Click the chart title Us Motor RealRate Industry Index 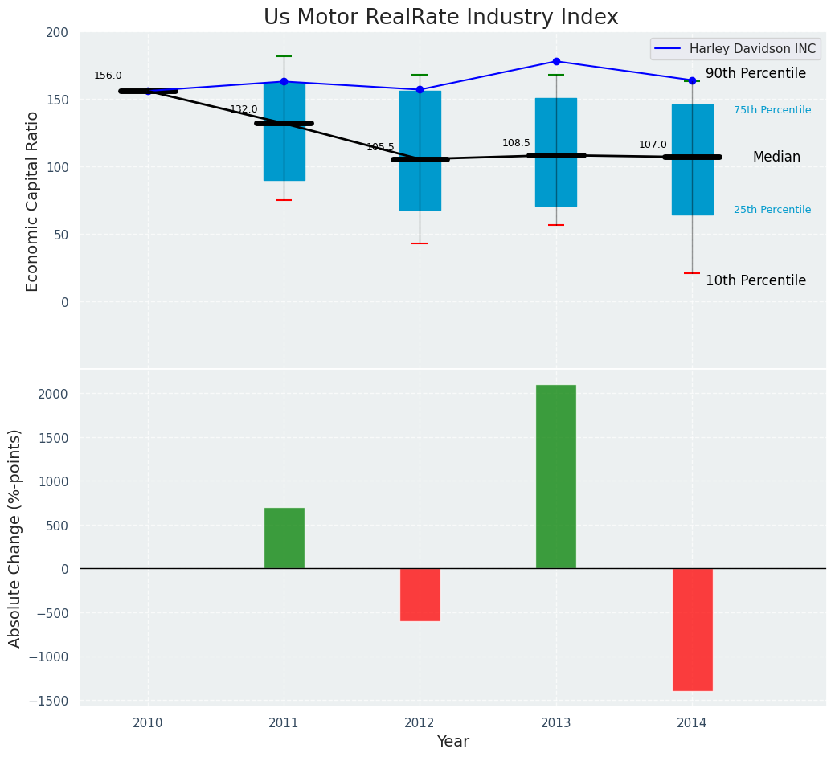pos(440,18)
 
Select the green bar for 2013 pos(556,477)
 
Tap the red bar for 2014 pos(692,629)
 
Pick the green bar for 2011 pos(284,538)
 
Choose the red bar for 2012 pos(420,595)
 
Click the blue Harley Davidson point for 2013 pos(556,61)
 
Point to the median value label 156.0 pos(108,76)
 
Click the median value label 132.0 pos(244,109)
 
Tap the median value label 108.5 pos(516,143)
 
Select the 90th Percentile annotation pos(755,73)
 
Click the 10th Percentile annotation pos(755,280)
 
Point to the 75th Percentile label pos(772,110)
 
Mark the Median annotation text pos(776,157)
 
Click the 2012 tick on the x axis pos(420,722)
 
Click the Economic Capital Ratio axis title pos(33,201)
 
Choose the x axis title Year pos(453,741)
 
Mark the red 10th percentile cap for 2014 pos(692,273)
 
